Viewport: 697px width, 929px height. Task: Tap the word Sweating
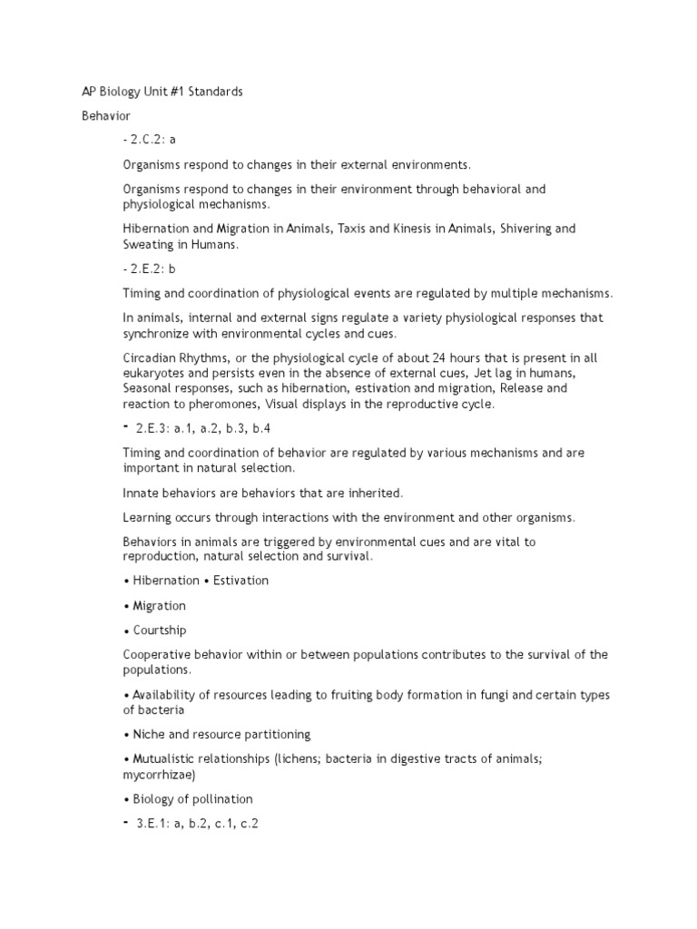149,245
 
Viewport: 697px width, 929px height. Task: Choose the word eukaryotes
156,373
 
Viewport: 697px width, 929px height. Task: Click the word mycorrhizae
159,776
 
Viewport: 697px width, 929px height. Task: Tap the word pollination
221,799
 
